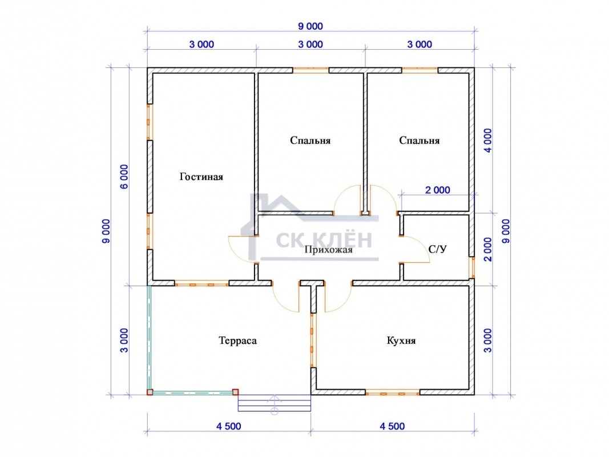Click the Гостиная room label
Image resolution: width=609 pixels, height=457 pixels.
[201, 177]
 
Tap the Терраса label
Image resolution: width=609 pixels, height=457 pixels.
[237, 341]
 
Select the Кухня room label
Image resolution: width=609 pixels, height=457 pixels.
[401, 341]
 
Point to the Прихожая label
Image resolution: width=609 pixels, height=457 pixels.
[329, 250]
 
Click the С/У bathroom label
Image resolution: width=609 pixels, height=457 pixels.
[437, 249]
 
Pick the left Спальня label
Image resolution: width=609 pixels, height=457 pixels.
[310, 141]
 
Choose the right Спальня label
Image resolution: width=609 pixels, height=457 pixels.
[420, 141]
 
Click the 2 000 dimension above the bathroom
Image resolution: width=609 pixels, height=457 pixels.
[438, 190]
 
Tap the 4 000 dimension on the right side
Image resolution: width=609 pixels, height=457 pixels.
[487, 141]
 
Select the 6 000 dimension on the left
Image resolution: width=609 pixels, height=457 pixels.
[124, 177]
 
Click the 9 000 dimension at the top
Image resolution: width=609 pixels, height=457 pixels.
[310, 26]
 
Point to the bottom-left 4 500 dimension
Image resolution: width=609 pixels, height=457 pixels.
[229, 426]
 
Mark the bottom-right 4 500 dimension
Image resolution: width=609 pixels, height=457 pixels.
[392, 426]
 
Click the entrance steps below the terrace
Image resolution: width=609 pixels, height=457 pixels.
[274, 403]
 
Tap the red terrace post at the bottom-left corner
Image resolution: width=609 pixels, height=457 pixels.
[150, 392]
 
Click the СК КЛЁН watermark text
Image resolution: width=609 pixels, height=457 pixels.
[324, 240]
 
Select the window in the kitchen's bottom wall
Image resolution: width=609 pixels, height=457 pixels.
[392, 394]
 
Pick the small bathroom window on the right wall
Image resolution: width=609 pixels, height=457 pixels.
[472, 267]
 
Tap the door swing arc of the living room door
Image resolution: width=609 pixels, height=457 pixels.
[235, 252]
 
